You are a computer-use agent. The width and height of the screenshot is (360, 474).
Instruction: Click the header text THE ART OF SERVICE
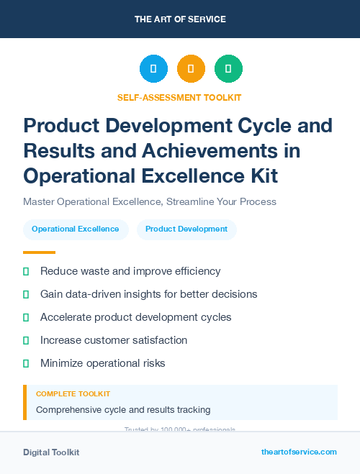click(180, 19)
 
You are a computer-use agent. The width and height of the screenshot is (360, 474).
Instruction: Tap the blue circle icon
click(153, 68)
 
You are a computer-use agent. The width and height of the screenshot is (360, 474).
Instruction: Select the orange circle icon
click(191, 68)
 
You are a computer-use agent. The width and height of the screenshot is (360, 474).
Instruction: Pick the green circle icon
click(228, 68)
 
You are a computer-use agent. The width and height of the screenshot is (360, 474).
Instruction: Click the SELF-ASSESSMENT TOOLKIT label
click(179, 97)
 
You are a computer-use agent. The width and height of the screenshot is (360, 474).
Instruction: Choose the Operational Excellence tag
click(76, 229)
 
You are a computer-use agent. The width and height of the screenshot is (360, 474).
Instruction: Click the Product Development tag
click(186, 229)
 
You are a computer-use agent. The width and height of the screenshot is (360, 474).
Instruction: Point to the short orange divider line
click(39, 252)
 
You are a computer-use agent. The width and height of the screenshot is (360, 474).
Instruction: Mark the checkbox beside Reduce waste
click(26, 271)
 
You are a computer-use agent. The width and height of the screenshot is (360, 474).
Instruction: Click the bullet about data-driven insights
click(148, 294)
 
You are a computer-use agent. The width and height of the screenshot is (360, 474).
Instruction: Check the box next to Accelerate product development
click(26, 317)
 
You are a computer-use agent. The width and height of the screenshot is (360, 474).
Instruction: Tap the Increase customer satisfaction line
click(114, 340)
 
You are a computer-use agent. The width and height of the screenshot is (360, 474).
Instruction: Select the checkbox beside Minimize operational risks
click(26, 363)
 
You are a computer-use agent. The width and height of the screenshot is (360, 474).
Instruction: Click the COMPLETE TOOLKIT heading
click(73, 394)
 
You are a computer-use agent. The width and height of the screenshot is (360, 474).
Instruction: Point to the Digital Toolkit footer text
click(51, 452)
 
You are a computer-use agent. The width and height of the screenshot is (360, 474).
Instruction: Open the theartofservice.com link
click(299, 452)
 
